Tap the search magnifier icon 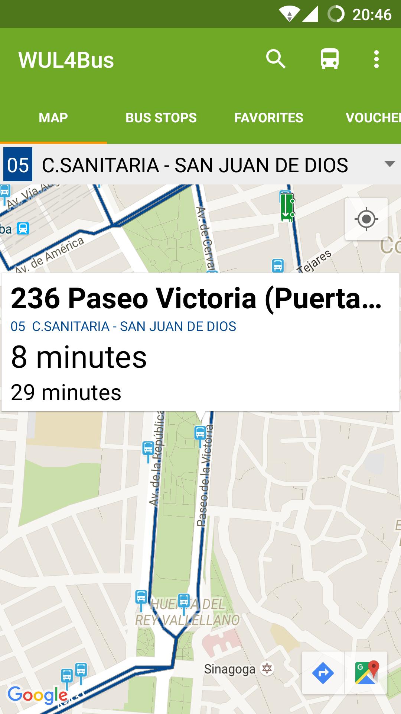coord(276,59)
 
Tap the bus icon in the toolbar coord(330,59)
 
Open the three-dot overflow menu coord(376,59)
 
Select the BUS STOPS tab coord(161,118)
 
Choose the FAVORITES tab coord(268,118)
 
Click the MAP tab coord(53,118)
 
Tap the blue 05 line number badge coord(18,165)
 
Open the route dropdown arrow coord(389,164)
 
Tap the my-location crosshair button coord(366,219)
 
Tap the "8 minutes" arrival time coord(79,357)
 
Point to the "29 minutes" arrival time coord(66,393)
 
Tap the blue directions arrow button coord(323,673)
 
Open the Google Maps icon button coord(366,673)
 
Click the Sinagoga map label coord(230,669)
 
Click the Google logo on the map coord(37,695)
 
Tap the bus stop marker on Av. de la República coord(148,448)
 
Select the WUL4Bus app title coord(66,60)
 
